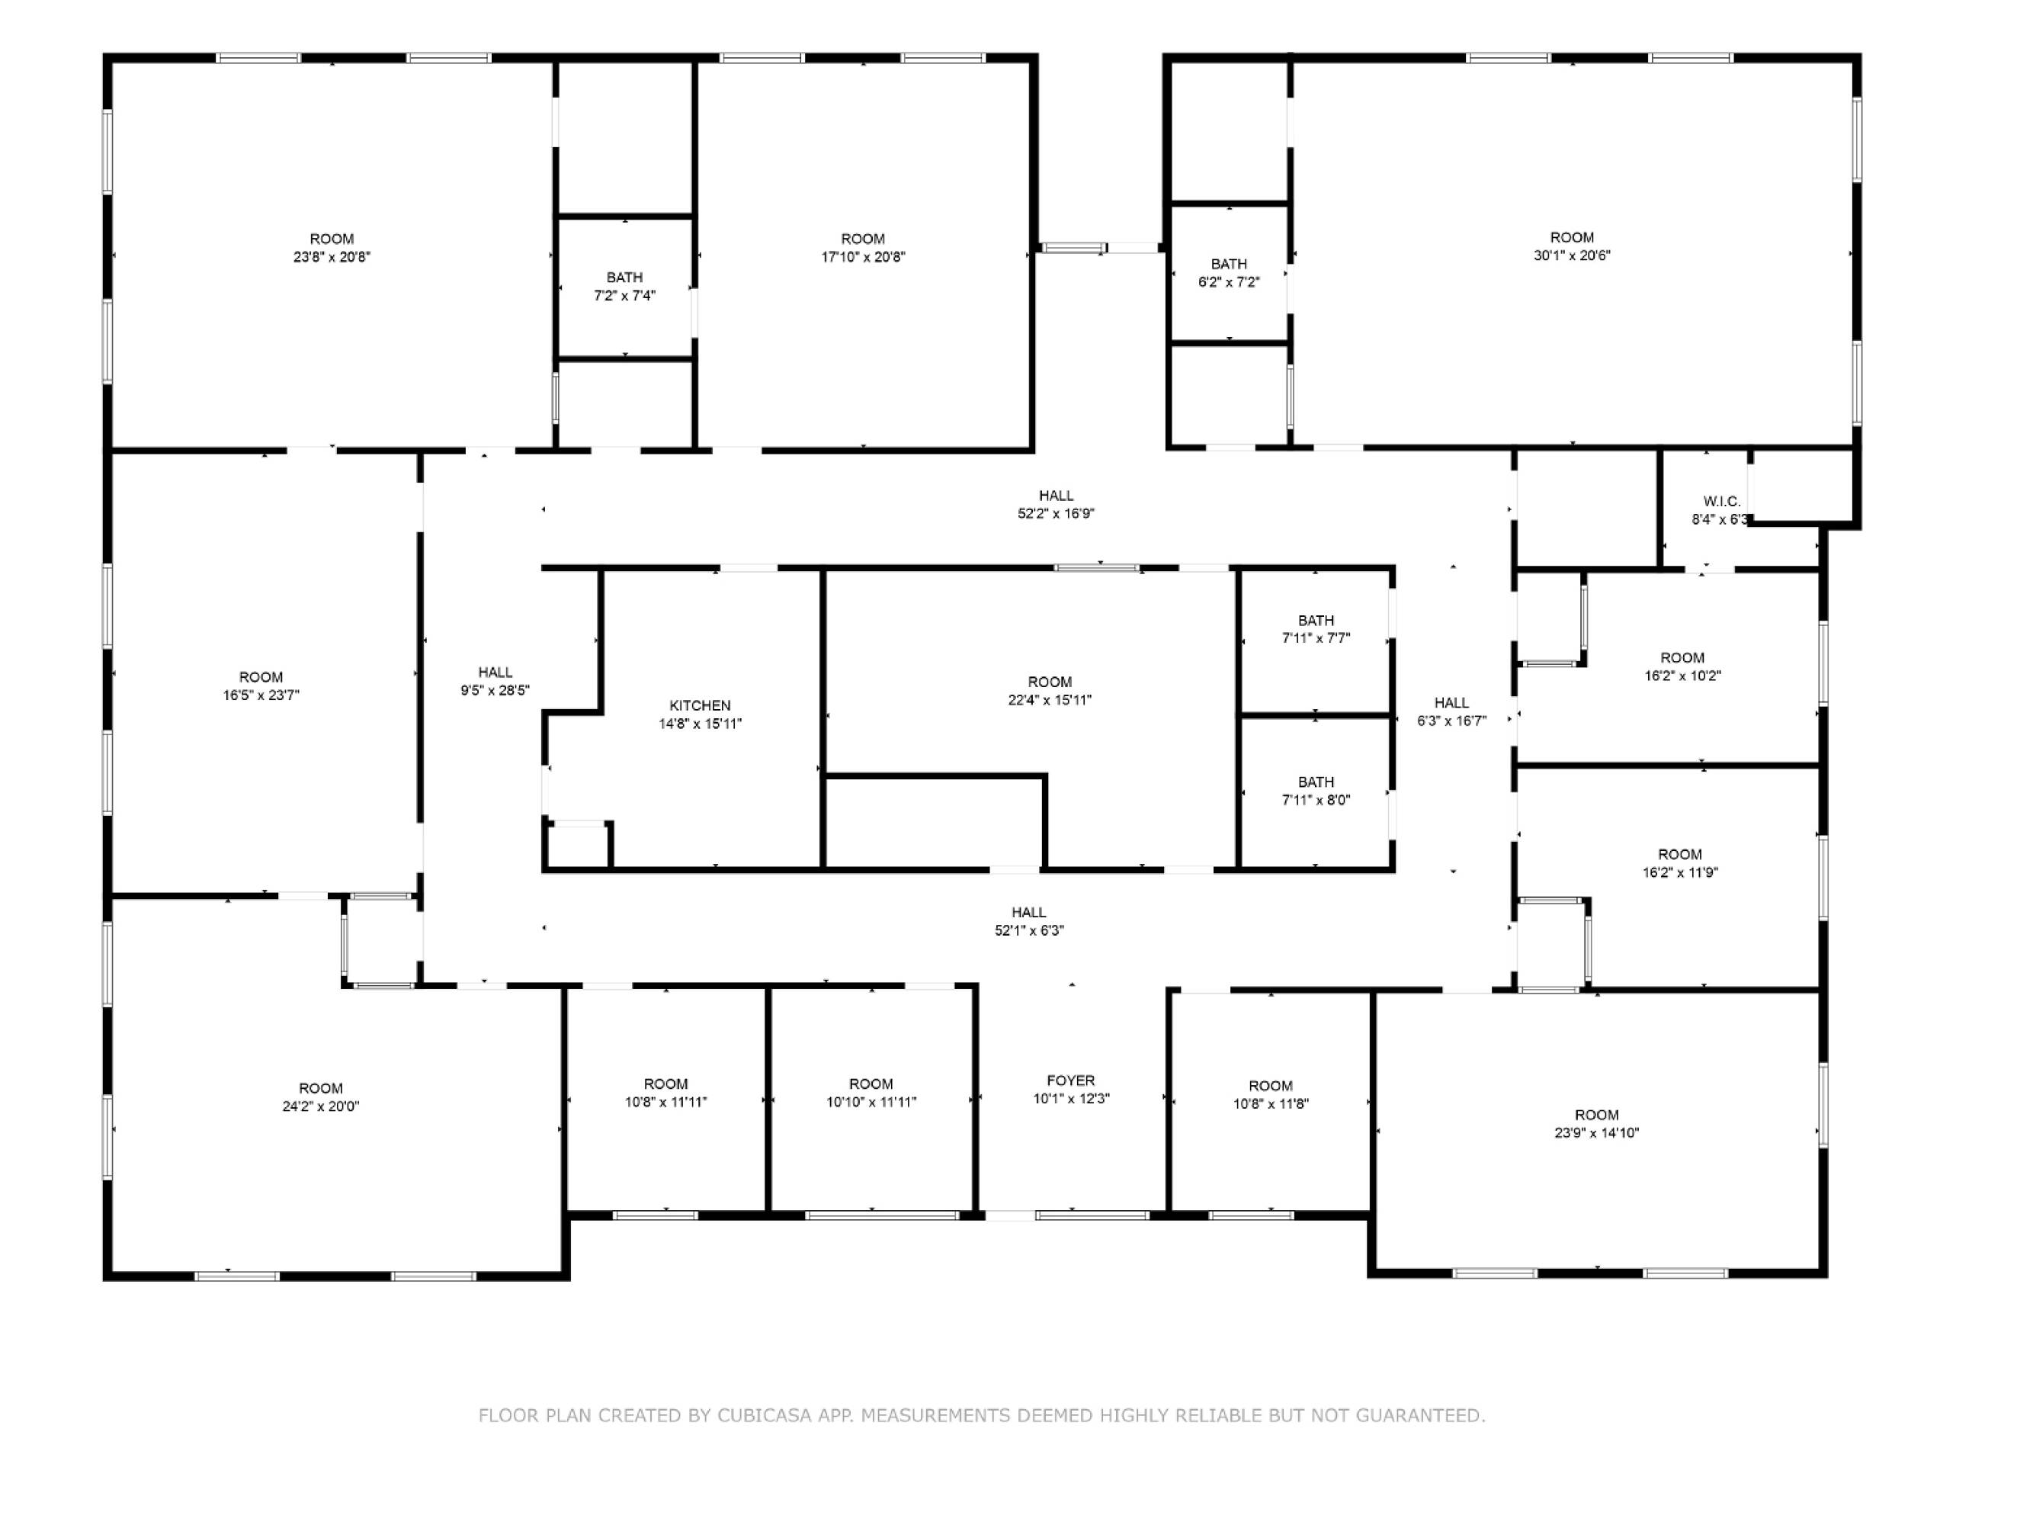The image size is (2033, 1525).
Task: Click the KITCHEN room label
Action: pos(701,705)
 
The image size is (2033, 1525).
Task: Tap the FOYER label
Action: pos(1071,1080)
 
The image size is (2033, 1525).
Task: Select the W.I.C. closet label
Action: pos(1721,501)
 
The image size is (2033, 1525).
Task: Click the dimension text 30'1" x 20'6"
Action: pos(1572,255)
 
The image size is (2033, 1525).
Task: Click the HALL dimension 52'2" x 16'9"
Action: pos(1056,514)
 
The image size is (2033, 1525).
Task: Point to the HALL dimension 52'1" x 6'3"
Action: pos(1029,930)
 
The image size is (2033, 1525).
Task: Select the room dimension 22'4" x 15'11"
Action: pos(1050,699)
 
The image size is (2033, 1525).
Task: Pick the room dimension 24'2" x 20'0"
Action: pos(321,1106)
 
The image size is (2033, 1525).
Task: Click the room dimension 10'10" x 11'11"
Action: pos(871,1102)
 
